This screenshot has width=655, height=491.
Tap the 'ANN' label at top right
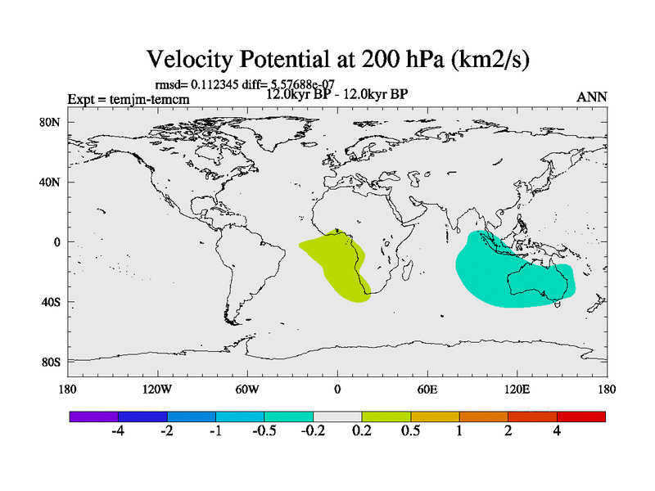[591, 97]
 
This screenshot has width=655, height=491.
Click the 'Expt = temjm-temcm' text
[128, 100]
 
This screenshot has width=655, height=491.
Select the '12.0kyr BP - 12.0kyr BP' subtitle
[337, 93]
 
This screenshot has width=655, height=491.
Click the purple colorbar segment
[93, 417]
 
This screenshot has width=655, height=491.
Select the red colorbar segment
[581, 417]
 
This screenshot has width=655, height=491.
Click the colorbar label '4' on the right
[557, 431]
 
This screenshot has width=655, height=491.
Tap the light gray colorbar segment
[337, 417]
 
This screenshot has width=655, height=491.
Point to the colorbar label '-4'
[118, 431]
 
